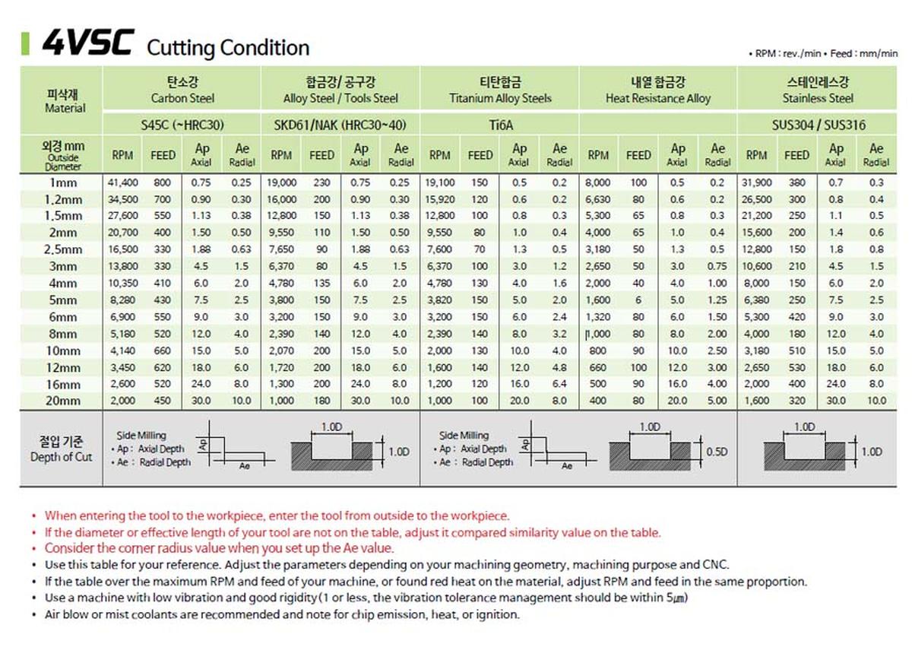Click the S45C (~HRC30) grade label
[x=182, y=125]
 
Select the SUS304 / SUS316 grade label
[x=818, y=125]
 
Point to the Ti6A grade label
[x=500, y=125]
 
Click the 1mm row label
[x=63, y=182]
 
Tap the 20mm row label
[x=63, y=401]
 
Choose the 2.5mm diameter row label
[x=63, y=249]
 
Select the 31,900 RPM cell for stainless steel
[x=756, y=182]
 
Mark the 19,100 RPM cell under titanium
[x=440, y=182]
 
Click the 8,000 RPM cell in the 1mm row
[x=598, y=182]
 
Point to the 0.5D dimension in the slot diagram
[x=716, y=452]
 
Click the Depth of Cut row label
[x=62, y=449]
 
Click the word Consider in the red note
[x=68, y=548]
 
